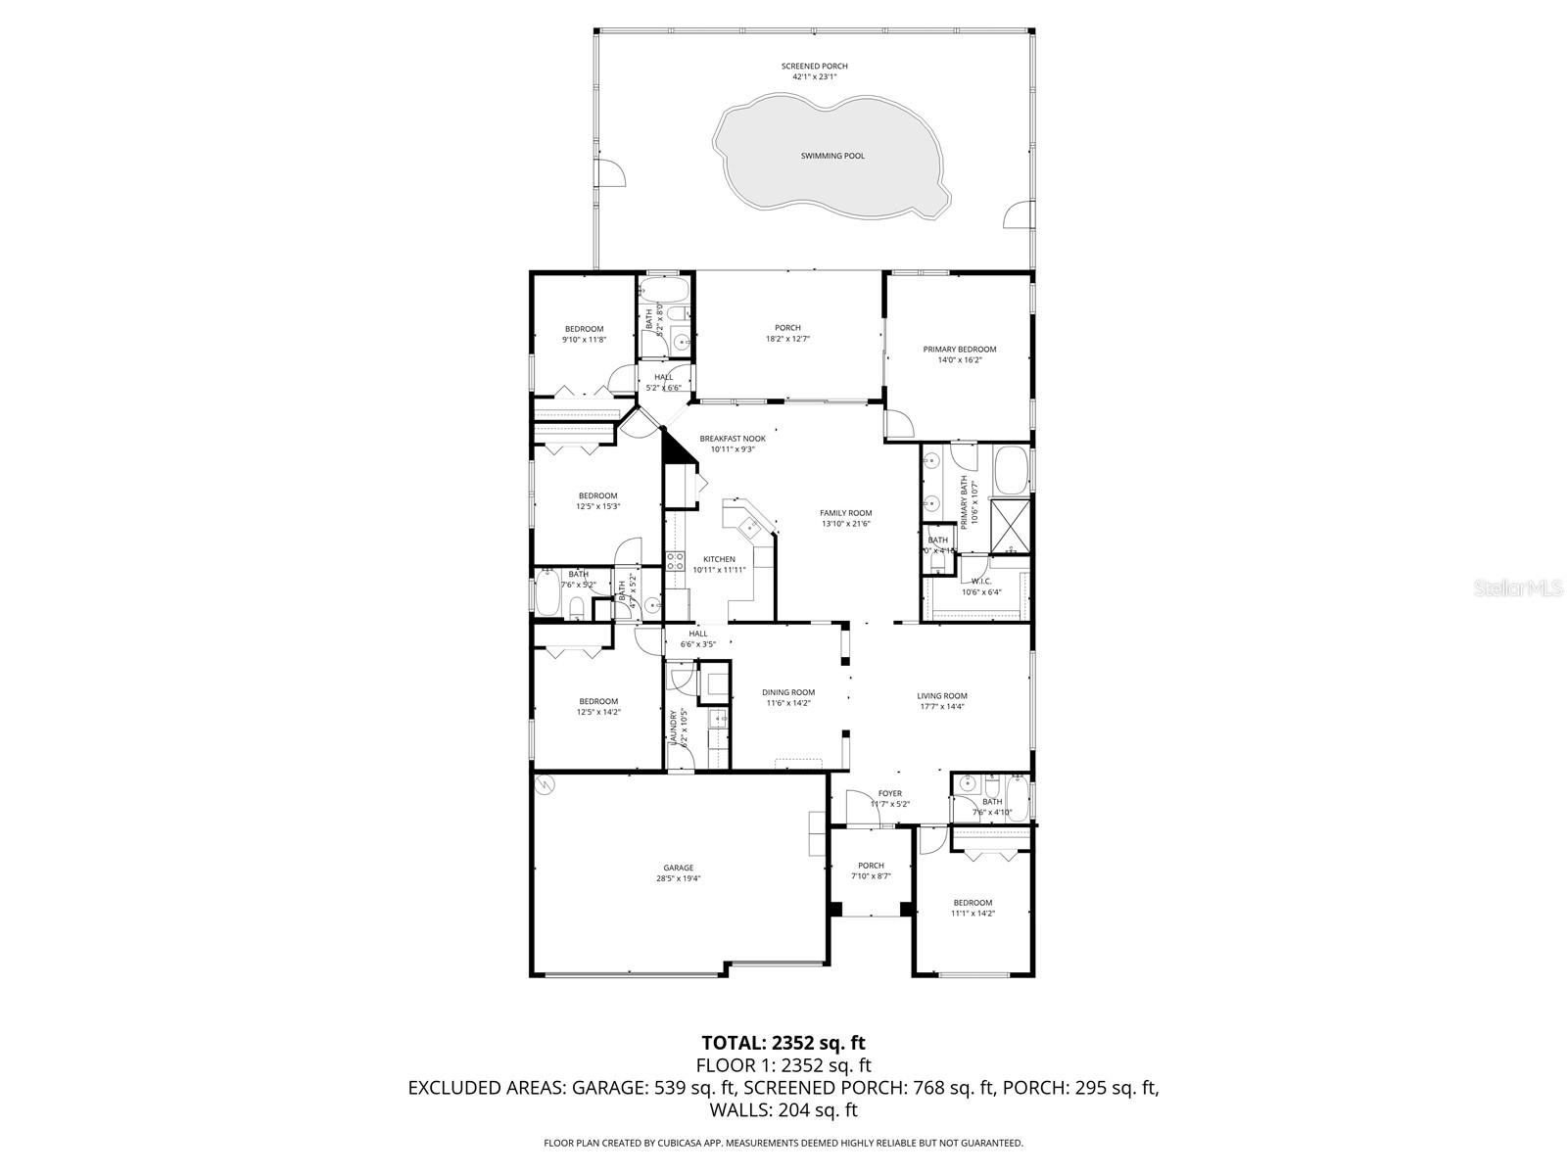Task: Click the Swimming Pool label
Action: [832, 156]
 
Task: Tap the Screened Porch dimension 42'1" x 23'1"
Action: [814, 76]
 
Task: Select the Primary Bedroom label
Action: [959, 350]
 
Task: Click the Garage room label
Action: [678, 868]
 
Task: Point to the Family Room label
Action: [845, 513]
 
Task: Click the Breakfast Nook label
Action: [732, 439]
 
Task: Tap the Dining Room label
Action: [788, 692]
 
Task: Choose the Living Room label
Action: [942, 696]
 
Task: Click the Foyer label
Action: [889, 793]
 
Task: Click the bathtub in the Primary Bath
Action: [1012, 470]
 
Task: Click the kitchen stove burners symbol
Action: [676, 561]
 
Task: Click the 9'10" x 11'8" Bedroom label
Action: [584, 329]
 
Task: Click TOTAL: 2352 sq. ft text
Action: [783, 1043]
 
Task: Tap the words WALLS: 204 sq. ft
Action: [783, 1109]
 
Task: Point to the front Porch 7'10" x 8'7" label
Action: [871, 866]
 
